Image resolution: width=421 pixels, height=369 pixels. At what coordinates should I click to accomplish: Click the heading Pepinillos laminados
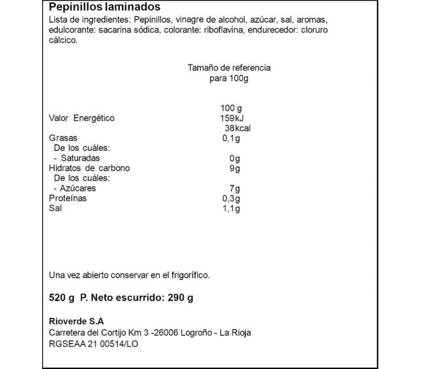click(104, 7)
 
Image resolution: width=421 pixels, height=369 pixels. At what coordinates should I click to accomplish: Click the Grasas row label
click(61, 139)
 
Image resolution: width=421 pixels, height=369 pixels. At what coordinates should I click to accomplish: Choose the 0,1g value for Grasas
click(231, 139)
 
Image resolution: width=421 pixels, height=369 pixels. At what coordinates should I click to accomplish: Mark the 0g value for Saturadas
click(235, 159)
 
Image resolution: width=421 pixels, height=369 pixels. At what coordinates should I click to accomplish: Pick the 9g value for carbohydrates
click(235, 168)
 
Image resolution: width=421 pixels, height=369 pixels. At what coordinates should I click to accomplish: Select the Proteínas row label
click(67, 198)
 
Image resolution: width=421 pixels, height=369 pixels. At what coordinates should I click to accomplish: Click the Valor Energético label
click(81, 118)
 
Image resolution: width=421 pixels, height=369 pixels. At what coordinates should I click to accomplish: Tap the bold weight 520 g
click(61, 297)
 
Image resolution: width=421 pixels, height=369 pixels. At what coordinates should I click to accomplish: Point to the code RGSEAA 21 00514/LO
click(94, 344)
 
